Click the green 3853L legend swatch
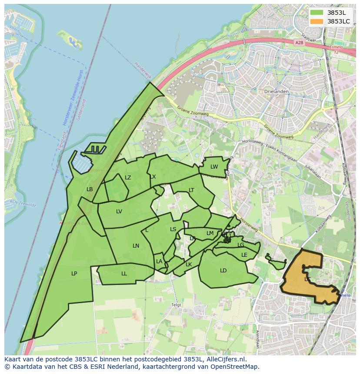[317, 13]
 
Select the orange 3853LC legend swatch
[317, 21]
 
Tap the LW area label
[214, 167]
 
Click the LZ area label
[128, 178]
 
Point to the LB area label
[90, 189]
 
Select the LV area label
[119, 212]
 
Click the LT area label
[191, 190]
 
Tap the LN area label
[136, 246]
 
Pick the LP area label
[74, 274]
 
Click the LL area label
[124, 274]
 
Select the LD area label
[223, 271]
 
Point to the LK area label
[189, 265]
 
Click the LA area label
[159, 261]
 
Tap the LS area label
[173, 229]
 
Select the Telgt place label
[176, 305]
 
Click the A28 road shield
[298, 43]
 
